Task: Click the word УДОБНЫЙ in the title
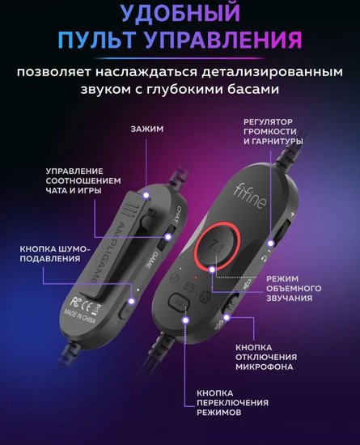point(180,12)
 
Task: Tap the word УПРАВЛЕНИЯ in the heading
point(223,40)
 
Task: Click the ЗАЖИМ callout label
point(147,129)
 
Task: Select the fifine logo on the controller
point(250,196)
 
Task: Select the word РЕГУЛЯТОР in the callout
point(268,122)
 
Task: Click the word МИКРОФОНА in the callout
point(264,367)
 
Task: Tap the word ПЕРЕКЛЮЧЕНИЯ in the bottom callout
point(232,403)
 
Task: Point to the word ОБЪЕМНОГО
point(294,288)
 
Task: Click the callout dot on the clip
point(146,195)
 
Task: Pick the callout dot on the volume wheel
point(271,244)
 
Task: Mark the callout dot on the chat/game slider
point(169,237)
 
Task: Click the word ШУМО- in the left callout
point(74,249)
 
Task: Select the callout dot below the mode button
point(185,320)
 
